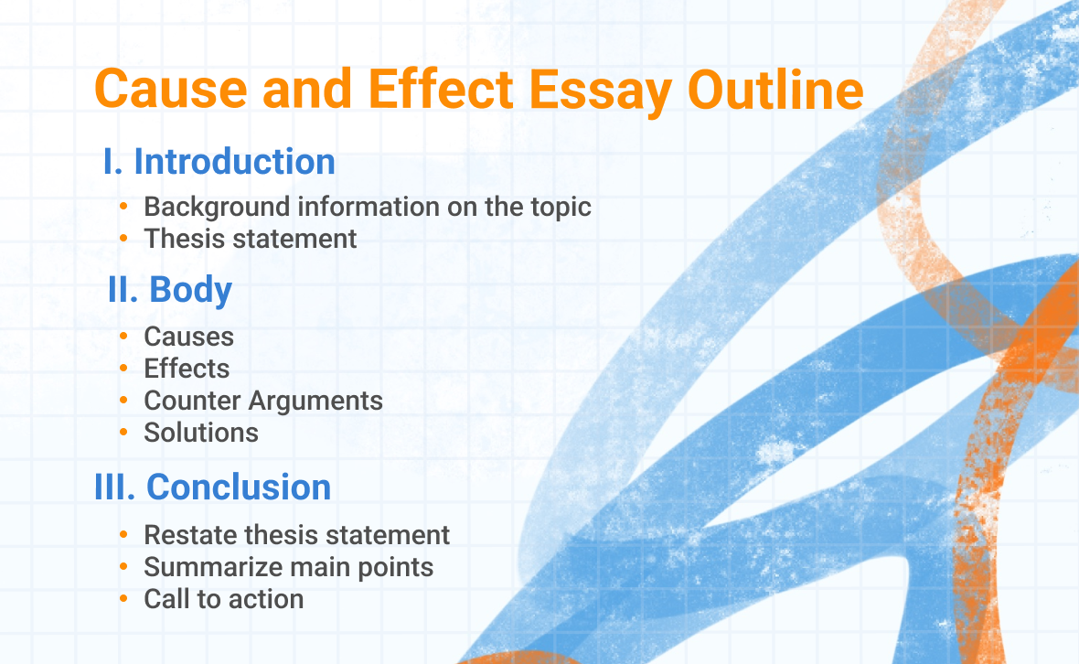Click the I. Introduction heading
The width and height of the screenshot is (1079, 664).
219,162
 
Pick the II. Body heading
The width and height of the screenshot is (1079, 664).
170,290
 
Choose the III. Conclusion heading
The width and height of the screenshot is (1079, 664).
213,487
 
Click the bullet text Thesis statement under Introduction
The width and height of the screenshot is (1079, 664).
250,239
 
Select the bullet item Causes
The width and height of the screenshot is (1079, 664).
188,337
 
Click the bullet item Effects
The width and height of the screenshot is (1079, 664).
187,369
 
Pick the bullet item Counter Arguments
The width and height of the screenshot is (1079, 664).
263,401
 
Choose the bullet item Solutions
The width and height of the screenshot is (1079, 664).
201,432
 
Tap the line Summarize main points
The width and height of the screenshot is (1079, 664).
288,567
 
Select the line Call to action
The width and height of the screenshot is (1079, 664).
223,599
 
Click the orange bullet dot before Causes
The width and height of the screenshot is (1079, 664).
123,337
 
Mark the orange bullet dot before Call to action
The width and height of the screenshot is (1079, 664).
123,599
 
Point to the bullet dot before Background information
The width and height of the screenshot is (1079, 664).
123,207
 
